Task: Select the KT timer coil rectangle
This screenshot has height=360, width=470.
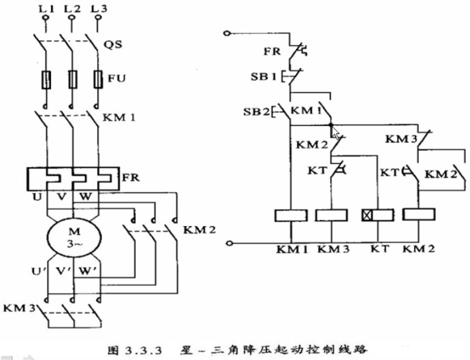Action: (377, 216)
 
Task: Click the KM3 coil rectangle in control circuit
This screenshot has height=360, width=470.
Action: (332, 216)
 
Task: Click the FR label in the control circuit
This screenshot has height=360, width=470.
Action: (272, 50)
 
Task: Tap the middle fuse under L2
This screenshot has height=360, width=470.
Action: (73, 80)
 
